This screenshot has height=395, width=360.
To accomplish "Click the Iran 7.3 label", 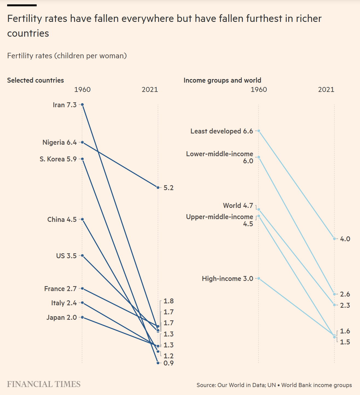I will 65,105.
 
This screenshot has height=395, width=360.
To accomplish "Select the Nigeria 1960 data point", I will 82,142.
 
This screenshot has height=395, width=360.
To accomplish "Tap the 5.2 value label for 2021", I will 169,188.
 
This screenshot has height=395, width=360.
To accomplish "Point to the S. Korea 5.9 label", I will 58,159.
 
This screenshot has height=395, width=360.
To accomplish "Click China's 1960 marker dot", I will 82,219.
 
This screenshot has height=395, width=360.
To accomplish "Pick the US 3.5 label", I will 66,256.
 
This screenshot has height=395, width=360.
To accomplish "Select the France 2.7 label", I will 61,289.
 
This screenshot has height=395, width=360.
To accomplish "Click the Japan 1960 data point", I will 82,317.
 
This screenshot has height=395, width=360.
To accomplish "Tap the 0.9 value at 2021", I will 169,363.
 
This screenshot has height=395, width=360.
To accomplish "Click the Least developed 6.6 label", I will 222,131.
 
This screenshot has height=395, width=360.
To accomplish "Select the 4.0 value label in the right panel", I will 345,239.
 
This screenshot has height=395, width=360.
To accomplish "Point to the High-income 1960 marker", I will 259,278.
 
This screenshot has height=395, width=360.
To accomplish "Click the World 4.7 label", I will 238,206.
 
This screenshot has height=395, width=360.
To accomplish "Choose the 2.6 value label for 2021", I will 345,294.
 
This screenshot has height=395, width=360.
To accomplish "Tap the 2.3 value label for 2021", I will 345,305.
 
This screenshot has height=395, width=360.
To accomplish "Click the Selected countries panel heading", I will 35,80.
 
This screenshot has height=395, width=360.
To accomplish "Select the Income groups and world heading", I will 222,80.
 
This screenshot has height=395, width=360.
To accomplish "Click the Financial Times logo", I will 44,384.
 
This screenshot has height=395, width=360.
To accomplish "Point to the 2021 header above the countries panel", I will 150,90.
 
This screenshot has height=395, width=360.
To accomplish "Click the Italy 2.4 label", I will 64,303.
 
